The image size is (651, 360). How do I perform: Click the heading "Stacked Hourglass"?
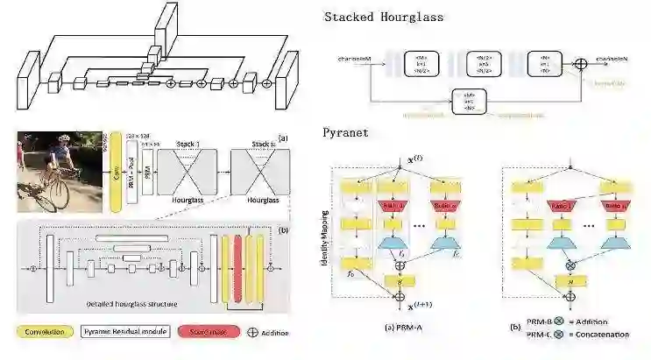tap(384, 17)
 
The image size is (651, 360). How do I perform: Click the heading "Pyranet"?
tap(344, 134)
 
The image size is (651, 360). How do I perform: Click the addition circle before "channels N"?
tap(579, 62)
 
